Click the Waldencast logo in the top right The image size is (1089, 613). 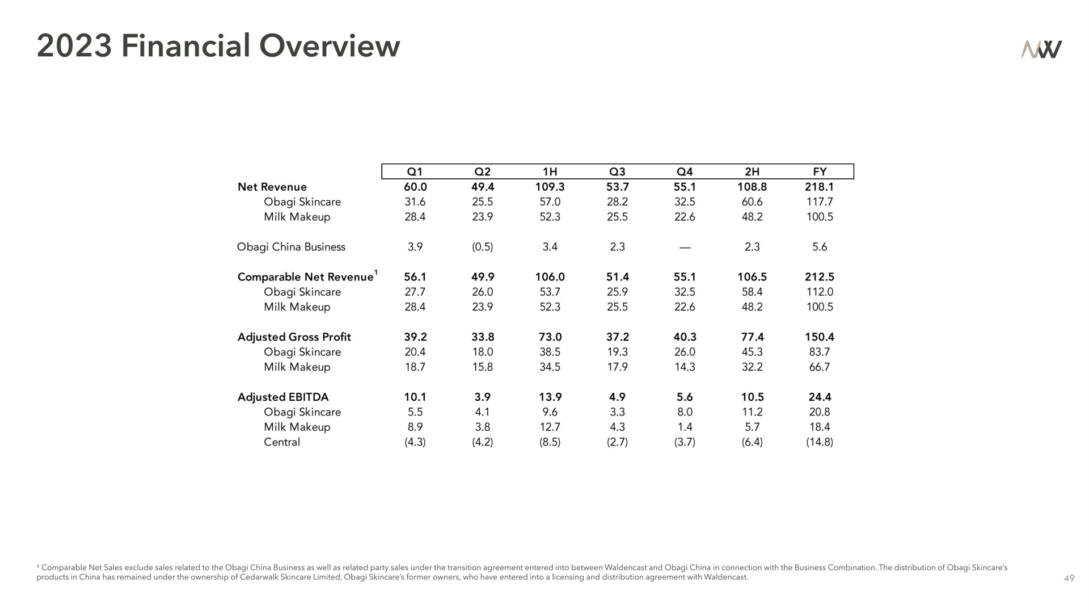pos(1041,49)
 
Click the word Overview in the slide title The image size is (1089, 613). pos(330,46)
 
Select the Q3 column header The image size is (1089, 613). pos(617,172)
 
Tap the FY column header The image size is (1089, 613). pos(820,172)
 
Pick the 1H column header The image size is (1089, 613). pos(550,172)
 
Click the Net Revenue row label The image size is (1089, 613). pos(272,187)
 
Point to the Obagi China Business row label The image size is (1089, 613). pos(291,247)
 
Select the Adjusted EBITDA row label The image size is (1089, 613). pos(283,397)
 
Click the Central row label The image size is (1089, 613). pos(282,442)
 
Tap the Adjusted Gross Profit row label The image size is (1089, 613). pos(294,337)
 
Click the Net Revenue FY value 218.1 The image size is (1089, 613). pos(820,187)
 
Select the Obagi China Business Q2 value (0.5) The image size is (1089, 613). pos(483,247)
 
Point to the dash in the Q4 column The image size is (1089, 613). pos(685,247)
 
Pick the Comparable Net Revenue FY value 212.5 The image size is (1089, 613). pos(820,277)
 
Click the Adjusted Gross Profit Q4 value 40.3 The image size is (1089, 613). pos(685,337)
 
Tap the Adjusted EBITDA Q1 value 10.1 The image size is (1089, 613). pos(415,397)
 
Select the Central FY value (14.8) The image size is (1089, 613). pos(820,442)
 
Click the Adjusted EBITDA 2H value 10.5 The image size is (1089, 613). pos(752,397)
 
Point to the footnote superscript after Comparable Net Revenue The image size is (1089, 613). pos(377,272)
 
